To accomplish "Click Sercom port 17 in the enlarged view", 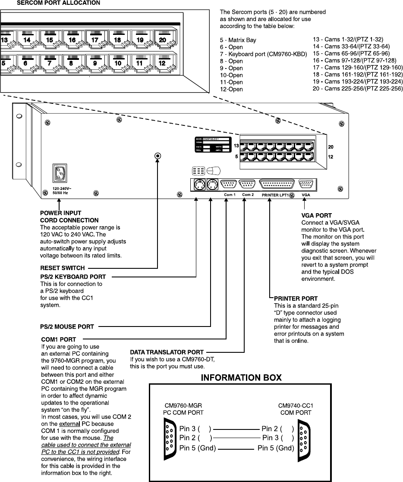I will [95, 40].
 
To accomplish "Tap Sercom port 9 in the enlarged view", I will [95, 63].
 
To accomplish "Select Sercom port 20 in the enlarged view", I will [163, 40].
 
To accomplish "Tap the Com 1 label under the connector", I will [230, 195].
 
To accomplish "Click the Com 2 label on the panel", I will [248, 195].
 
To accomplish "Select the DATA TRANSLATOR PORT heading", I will [167, 352].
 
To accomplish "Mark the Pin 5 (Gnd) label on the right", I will [276, 448].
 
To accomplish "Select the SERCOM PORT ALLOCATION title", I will [58, 3].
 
